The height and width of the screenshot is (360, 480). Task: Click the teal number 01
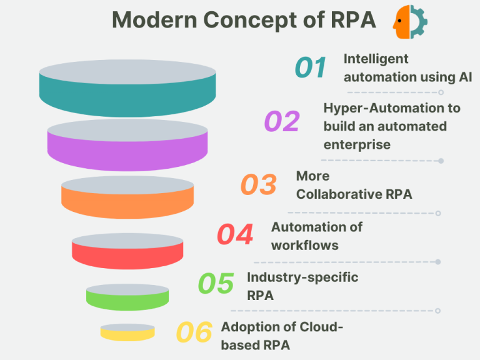(x=311, y=67)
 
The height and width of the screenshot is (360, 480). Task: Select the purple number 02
(x=282, y=121)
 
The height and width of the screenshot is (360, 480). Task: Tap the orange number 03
(x=258, y=185)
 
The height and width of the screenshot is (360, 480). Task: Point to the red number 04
(x=235, y=234)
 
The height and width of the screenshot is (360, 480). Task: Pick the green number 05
(x=216, y=284)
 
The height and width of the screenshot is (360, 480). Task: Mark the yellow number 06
(x=194, y=333)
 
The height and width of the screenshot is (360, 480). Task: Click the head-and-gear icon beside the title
(x=410, y=22)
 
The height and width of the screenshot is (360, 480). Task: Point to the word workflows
(x=304, y=245)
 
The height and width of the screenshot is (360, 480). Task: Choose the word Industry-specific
(x=302, y=277)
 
